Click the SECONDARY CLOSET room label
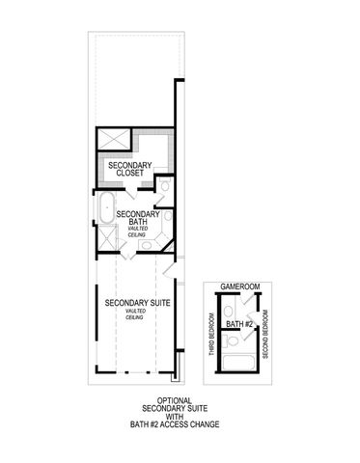tap(128, 171)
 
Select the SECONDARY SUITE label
tap(135, 303)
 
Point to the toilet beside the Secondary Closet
tap(165, 185)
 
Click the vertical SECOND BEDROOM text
tap(264, 334)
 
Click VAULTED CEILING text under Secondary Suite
tap(135, 315)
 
